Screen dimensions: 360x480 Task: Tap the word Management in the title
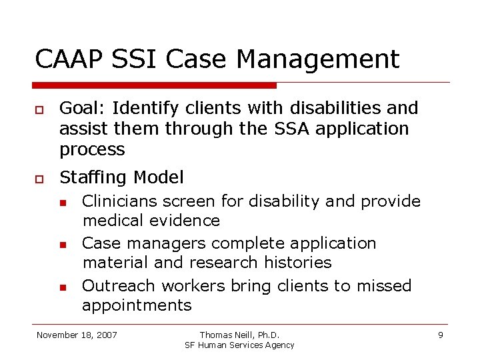pyautogui.click(x=317, y=59)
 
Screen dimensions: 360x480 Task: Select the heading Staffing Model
pyautogui.click(x=121, y=177)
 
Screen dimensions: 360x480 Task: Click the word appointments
pyautogui.click(x=137, y=305)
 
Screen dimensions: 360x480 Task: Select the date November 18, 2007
pyautogui.click(x=77, y=335)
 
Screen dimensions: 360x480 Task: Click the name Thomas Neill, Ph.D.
pyautogui.click(x=239, y=335)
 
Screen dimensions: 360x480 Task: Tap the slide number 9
pyautogui.click(x=440, y=335)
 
